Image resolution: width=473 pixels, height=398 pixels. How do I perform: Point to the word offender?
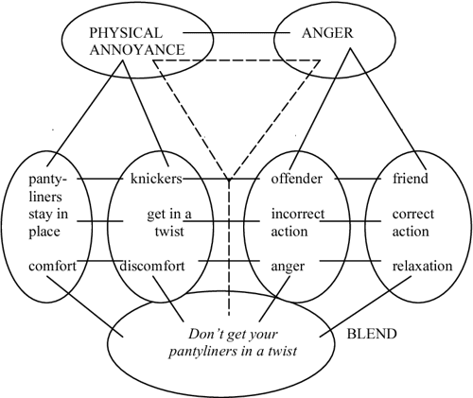[297, 177]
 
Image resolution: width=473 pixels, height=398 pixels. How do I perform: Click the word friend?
[412, 177]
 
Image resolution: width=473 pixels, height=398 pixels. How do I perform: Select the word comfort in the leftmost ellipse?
[45, 267]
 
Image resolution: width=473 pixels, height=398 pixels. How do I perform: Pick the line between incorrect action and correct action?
[355, 222]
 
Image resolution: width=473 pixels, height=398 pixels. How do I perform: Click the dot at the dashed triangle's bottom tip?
[229, 179]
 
